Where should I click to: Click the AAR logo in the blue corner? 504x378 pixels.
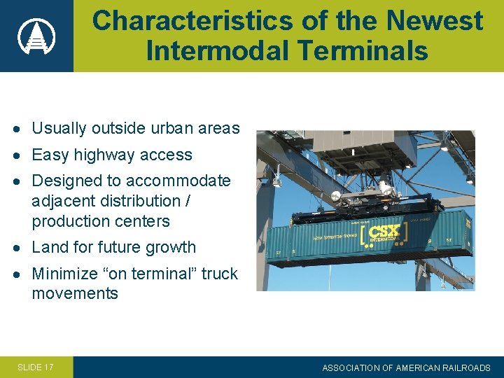[36, 36]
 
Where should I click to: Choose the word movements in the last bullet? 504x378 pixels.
[75, 293]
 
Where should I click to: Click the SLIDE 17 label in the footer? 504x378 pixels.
[35, 367]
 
